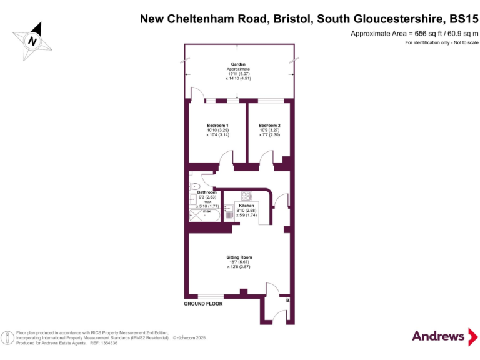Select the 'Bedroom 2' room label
click(269, 125)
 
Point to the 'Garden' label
click(238, 64)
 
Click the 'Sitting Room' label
click(239, 257)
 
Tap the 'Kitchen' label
click(246, 206)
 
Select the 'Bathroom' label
click(207, 192)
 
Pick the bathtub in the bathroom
click(204, 216)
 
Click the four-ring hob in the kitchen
click(246, 194)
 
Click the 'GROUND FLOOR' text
click(202, 304)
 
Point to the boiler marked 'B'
click(287, 301)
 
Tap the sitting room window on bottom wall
click(211, 295)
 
